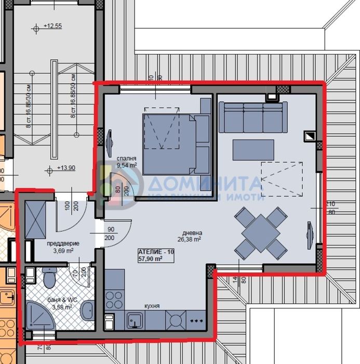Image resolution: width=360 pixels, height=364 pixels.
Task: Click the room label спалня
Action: click(x=126, y=159)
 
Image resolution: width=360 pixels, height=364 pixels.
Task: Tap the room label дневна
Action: click(x=192, y=233)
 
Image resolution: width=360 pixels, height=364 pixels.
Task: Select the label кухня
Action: click(x=152, y=306)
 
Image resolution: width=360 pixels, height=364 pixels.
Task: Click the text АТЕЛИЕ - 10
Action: click(x=156, y=252)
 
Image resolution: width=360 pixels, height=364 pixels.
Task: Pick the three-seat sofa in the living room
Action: click(x=253, y=117)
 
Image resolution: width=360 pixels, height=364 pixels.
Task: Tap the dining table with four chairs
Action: click(x=261, y=233)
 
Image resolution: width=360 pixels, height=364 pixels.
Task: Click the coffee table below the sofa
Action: click(x=253, y=150)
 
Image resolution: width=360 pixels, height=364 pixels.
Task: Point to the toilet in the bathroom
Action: click(x=50, y=278)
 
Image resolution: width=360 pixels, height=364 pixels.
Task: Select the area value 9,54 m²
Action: click(x=127, y=165)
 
